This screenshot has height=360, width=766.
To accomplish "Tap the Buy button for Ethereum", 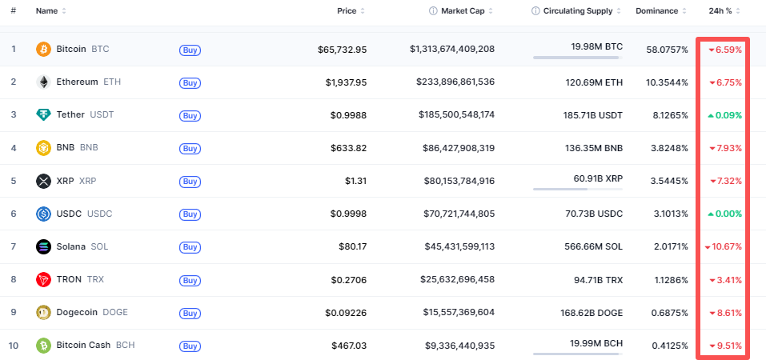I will point(190,82).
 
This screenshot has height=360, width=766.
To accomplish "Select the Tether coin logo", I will point(43,114).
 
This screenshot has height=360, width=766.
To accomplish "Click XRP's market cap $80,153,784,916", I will point(456,181).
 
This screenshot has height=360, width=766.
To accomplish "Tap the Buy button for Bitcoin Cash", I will point(190,346).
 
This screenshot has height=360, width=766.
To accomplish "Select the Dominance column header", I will point(656,11).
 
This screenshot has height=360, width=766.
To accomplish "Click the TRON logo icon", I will point(43,279).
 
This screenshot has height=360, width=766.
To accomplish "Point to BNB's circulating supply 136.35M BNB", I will point(594,148).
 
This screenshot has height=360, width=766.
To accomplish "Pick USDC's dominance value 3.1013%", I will point(667,214).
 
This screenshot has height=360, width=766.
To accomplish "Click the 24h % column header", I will point(720,11).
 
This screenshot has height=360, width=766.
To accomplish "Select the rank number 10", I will point(14,346).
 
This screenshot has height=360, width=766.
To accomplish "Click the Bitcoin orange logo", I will point(43,49).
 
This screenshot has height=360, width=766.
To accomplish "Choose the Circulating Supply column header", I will point(577,11).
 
